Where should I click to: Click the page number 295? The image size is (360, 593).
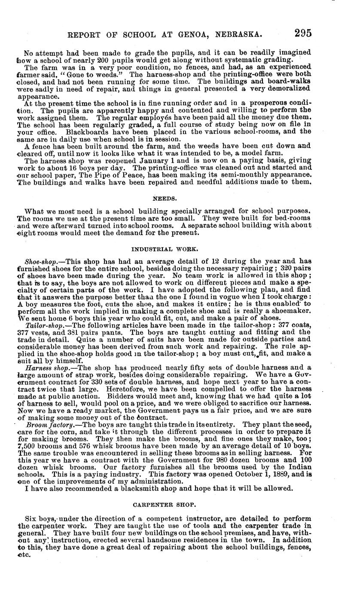[303, 33]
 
